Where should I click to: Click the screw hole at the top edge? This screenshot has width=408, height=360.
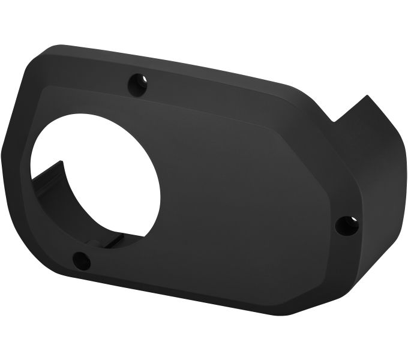138,84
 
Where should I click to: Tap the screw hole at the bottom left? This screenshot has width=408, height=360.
82,260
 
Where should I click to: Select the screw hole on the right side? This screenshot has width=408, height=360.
346,226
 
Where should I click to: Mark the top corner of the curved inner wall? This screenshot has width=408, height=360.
60,161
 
